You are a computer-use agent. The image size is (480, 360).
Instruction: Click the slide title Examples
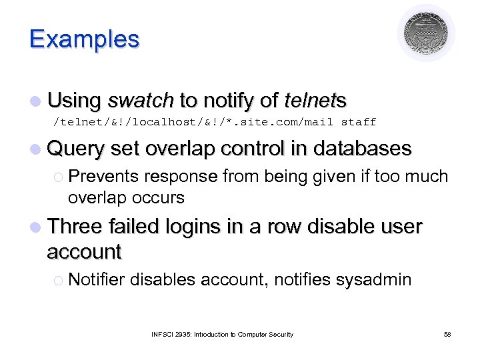click(x=84, y=39)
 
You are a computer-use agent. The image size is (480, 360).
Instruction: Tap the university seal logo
click(x=426, y=33)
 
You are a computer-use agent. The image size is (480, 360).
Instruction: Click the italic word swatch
click(x=140, y=101)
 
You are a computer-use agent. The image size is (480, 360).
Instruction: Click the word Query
click(x=77, y=149)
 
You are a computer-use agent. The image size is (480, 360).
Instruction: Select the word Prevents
click(x=103, y=177)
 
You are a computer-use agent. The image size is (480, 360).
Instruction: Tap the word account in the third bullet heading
click(x=84, y=251)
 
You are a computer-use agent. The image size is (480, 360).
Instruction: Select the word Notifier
click(x=97, y=279)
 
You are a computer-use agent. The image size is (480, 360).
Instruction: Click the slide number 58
click(x=447, y=334)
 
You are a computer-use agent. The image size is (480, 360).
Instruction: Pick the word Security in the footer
click(x=281, y=334)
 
